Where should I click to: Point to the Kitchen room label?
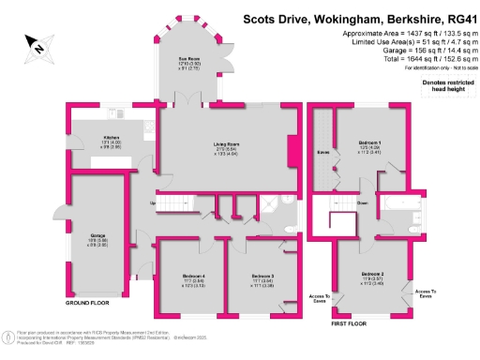[112, 138]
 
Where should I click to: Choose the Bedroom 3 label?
[261, 276]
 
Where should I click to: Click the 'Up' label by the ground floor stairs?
[152, 203]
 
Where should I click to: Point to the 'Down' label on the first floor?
[362, 202]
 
